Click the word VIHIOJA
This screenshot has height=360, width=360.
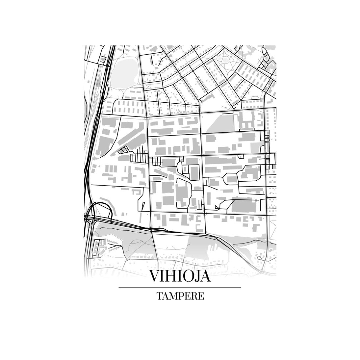(x=180, y=276)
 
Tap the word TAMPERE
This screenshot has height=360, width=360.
(x=180, y=296)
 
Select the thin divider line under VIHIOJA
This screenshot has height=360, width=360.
(x=180, y=287)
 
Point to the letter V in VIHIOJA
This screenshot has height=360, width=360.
(x=155, y=276)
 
